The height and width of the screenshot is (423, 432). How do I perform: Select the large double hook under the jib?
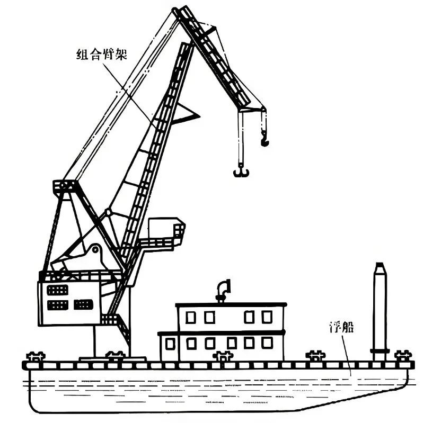pos(241,172)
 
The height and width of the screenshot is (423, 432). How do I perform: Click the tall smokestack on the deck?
pos(380,312)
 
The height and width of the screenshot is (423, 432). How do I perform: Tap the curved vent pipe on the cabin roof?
pos(223,291)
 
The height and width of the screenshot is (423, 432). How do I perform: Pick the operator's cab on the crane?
pos(166,229)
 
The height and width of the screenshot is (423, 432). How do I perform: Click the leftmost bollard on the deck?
pos(36,356)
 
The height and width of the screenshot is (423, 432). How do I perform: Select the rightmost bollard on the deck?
pos(403,356)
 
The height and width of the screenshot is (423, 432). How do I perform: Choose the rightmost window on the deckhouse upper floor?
pos(267,317)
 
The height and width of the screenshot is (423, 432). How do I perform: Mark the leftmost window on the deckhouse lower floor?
pos(170,344)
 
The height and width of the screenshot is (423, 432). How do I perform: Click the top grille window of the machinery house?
pos(57,290)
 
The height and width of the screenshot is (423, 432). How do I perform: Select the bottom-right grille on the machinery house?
pos(83,304)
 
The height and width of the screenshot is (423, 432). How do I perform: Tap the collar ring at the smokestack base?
pos(380,350)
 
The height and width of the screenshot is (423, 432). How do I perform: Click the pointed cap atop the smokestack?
pos(380,268)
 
